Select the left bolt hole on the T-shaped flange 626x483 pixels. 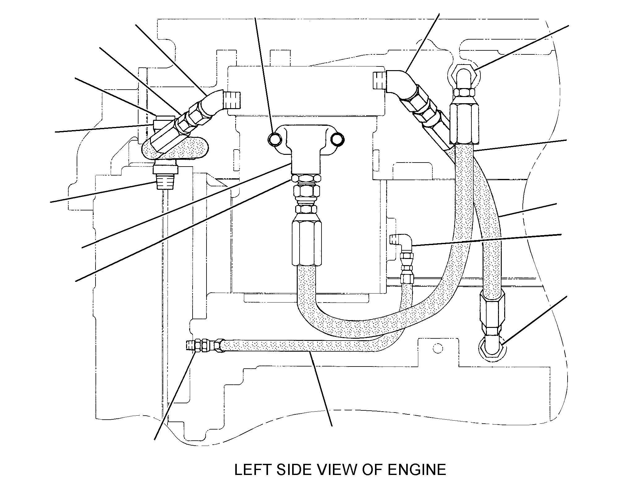pyautogui.click(x=275, y=139)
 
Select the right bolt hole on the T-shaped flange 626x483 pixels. pyautogui.click(x=337, y=139)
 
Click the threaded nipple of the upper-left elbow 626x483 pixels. pyautogui.click(x=233, y=100)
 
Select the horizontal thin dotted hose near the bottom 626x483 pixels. pyautogui.click(x=309, y=345)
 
